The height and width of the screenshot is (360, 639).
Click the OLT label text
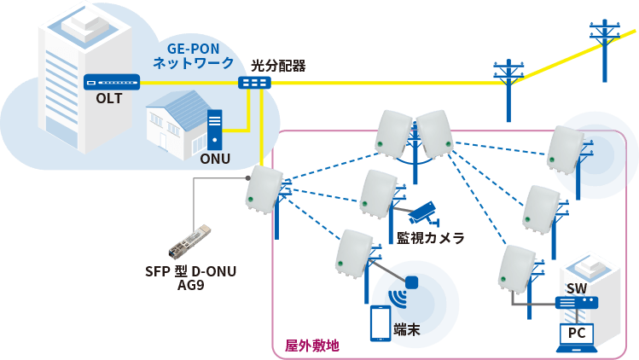(109, 98)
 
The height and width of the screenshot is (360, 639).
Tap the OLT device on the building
(111, 83)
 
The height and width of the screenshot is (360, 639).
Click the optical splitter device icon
(254, 83)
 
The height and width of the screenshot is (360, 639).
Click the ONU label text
(215, 158)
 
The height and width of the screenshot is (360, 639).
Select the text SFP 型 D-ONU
(190, 272)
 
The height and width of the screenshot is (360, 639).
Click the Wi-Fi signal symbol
(398, 299)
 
